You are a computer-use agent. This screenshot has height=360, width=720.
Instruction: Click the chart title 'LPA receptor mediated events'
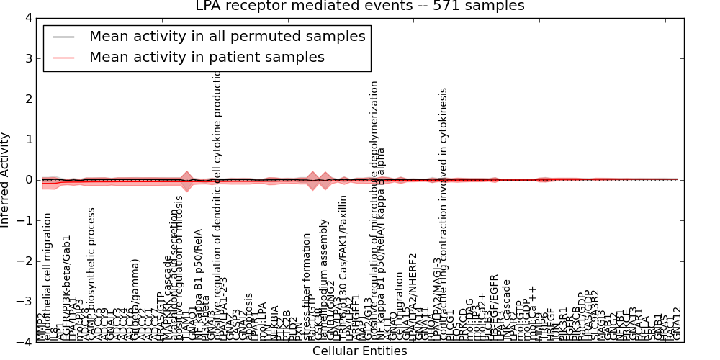[x=360, y=6]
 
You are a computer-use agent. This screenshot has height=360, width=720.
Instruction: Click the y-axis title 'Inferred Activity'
[x=6, y=180]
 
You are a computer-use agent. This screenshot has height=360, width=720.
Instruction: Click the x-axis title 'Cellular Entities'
[x=359, y=351]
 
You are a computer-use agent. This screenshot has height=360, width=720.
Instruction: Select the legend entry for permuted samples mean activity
[x=227, y=36]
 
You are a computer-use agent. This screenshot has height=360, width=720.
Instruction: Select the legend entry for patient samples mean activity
[x=207, y=57]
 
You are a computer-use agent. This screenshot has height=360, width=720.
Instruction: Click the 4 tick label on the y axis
[x=27, y=18]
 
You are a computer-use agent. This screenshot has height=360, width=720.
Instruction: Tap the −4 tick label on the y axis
[x=24, y=343]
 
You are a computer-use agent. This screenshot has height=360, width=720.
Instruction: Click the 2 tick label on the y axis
[x=27, y=99]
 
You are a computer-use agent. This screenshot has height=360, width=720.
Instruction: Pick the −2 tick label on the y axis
[x=24, y=261]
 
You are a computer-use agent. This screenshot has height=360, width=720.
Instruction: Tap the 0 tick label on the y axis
[x=27, y=180]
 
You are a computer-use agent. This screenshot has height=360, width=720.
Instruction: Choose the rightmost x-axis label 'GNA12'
[x=676, y=324]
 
